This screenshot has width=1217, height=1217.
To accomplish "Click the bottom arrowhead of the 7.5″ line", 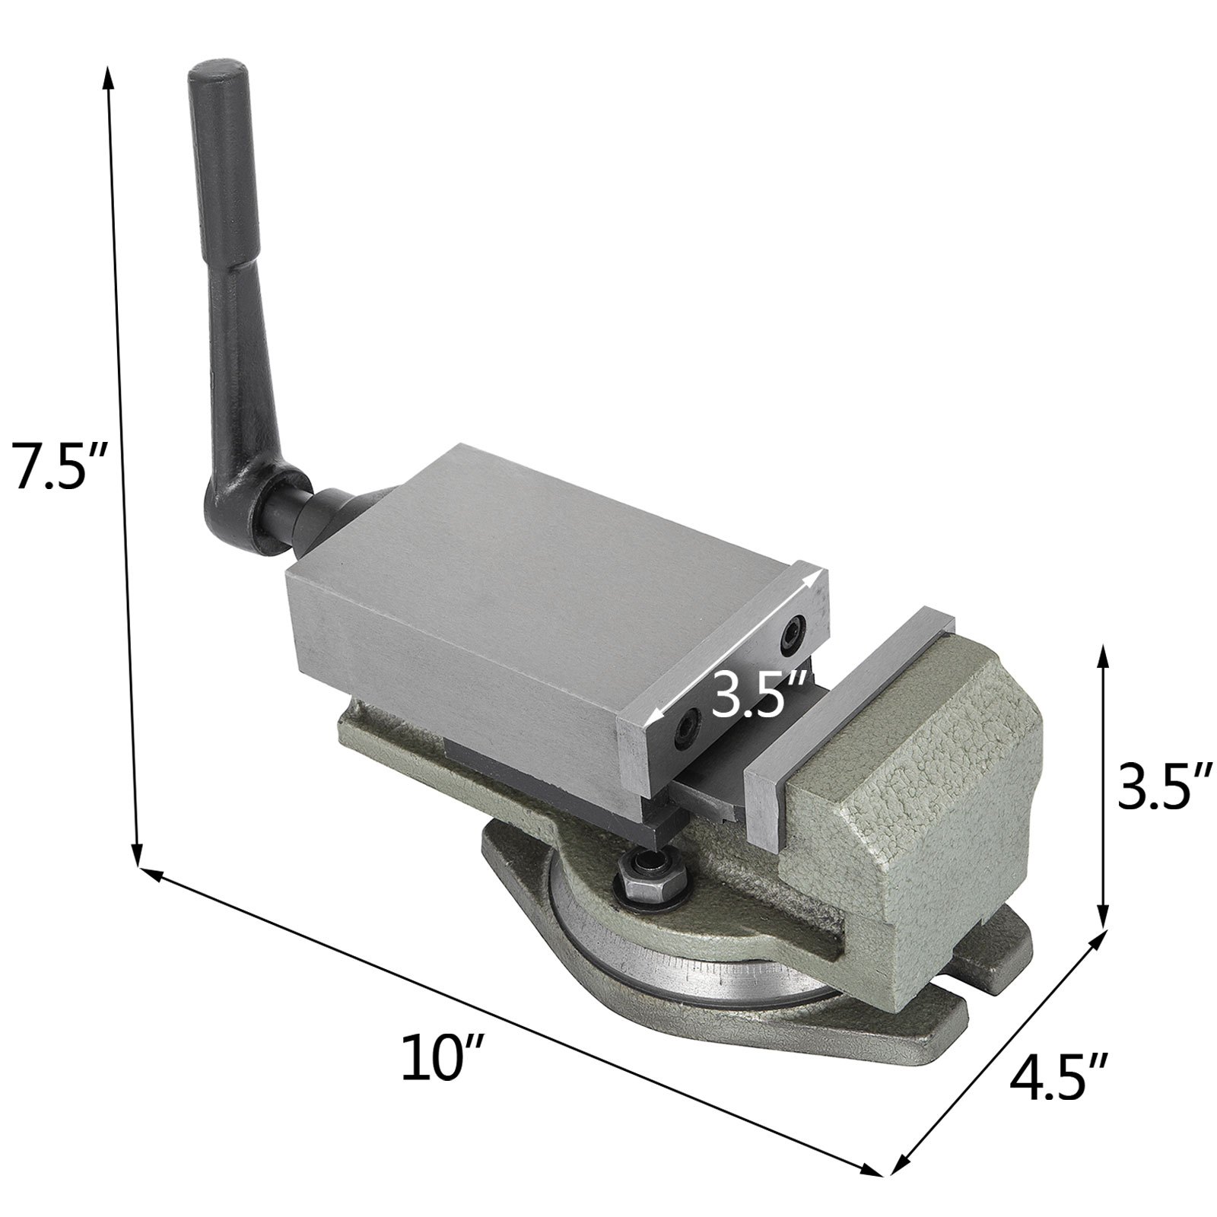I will coord(137,860).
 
